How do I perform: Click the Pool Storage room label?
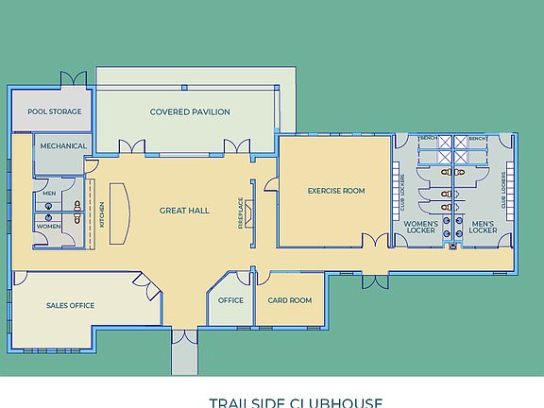54,111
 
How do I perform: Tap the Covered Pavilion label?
190,111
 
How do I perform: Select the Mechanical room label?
63,146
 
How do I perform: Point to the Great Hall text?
184,211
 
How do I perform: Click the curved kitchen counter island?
119,212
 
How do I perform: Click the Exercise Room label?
335,191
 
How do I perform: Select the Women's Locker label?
420,227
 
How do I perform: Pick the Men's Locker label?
483,227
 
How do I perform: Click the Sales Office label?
70,306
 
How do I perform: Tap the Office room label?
230,300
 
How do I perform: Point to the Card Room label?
289,300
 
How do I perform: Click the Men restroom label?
49,194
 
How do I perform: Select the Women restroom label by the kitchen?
49,227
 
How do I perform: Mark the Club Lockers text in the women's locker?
403,189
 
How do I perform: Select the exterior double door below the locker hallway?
375,281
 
